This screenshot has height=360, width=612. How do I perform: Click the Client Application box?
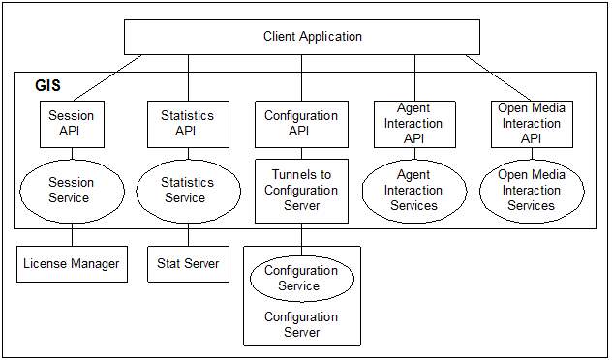coord(302,37)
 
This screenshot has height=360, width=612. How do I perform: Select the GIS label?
coord(46,86)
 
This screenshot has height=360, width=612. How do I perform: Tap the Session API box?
coord(70,123)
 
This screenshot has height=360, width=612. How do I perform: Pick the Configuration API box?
coord(300,123)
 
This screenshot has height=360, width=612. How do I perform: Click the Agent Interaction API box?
coord(413,123)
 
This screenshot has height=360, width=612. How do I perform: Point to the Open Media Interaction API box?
coord(532,123)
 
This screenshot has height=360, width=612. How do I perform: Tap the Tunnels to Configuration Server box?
coord(300,191)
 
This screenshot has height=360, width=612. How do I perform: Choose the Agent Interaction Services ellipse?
coord(413,190)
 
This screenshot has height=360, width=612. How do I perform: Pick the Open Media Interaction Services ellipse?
coord(532,190)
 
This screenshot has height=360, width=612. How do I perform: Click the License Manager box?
coord(72,263)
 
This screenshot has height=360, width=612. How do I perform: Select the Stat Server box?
coord(188,263)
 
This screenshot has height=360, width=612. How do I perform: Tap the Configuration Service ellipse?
coord(300,278)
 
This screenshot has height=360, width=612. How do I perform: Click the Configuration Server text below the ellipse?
coord(300,324)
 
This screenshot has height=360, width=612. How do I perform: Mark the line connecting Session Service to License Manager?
coord(72,236)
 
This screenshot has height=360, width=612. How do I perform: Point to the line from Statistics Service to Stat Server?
coord(188,236)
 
